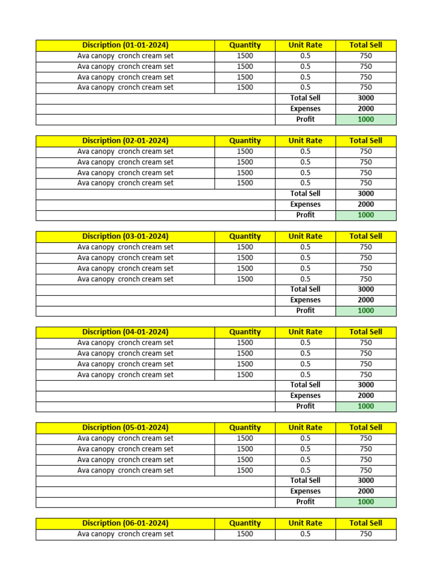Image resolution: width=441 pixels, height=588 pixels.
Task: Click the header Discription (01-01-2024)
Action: click(x=125, y=45)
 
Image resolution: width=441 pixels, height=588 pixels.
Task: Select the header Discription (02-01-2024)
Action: click(x=125, y=141)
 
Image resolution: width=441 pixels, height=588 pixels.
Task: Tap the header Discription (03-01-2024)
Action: click(x=125, y=237)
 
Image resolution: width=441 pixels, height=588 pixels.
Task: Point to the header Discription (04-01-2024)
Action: click(x=125, y=332)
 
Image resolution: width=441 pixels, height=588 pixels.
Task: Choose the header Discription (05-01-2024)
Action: click(x=125, y=428)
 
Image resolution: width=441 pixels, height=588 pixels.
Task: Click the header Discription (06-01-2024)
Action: click(x=125, y=523)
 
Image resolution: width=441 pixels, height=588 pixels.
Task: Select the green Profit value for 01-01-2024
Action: click(x=366, y=119)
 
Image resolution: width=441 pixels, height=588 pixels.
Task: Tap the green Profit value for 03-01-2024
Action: click(x=366, y=311)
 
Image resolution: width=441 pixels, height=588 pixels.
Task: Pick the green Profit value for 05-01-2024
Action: click(x=366, y=502)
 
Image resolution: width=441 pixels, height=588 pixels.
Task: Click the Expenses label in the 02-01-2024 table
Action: click(x=305, y=204)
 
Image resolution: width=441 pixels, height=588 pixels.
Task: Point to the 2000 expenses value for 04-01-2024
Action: click(x=366, y=396)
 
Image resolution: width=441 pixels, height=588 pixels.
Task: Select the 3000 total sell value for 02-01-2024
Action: click(x=366, y=194)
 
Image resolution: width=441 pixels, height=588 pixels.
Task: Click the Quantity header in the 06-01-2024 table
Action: click(x=245, y=523)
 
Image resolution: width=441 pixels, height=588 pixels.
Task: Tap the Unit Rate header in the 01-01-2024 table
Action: click(x=305, y=45)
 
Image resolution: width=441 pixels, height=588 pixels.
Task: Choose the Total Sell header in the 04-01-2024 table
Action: click(x=366, y=332)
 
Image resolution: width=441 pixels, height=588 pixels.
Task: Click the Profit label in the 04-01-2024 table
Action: click(x=305, y=407)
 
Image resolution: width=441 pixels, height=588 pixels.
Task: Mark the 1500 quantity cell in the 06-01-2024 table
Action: click(x=245, y=534)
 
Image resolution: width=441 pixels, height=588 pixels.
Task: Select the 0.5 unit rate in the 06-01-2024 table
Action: click(x=305, y=534)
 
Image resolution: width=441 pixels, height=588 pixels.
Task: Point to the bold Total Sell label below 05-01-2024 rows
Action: click(x=305, y=481)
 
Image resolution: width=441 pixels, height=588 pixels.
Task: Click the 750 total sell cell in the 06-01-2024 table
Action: click(x=366, y=534)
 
